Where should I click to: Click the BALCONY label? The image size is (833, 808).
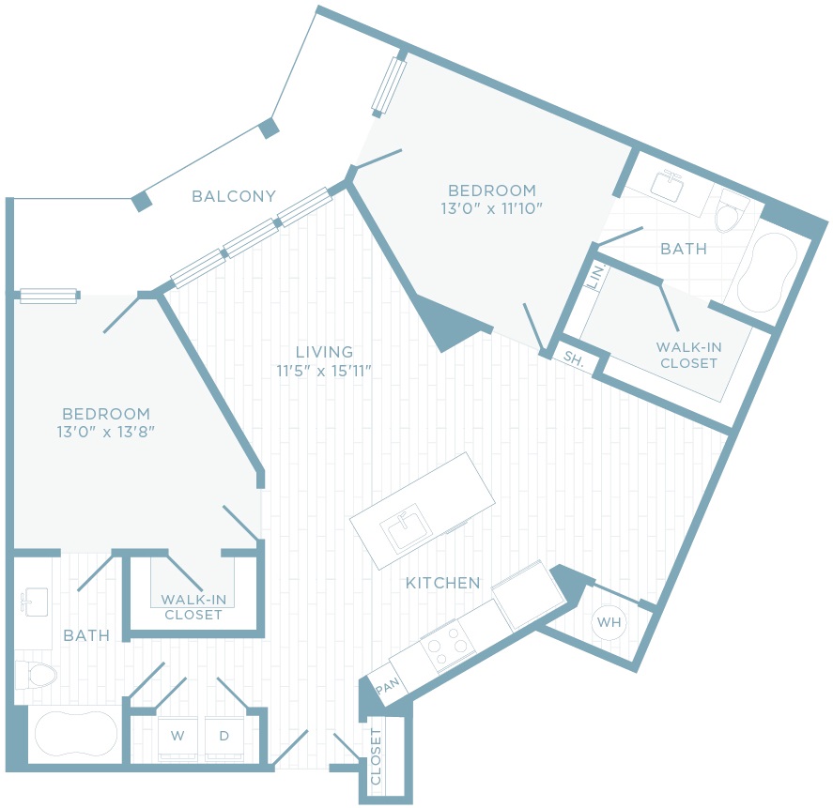pyautogui.click(x=234, y=196)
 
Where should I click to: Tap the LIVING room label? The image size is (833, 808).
pyautogui.click(x=324, y=352)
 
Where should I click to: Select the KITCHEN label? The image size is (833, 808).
pyautogui.click(x=442, y=583)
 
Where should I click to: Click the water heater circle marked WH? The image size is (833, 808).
pyautogui.click(x=609, y=622)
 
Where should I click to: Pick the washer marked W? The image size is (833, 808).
pyautogui.click(x=177, y=738)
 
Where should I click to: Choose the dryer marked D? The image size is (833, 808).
pyautogui.click(x=224, y=738)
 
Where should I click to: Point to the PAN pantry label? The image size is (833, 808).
pyautogui.click(x=387, y=686)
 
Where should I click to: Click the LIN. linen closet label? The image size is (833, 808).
pyautogui.click(x=596, y=276)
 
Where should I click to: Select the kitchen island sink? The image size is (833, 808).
pyautogui.click(x=407, y=528)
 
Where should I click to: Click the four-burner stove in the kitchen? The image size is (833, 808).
pyautogui.click(x=448, y=646)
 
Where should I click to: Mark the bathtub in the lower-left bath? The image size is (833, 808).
pyautogui.click(x=76, y=734)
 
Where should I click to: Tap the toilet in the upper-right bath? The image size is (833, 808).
pyautogui.click(x=732, y=211)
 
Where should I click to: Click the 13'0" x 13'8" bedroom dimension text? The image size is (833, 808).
pyautogui.click(x=106, y=432)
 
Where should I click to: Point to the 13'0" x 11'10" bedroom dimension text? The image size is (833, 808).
pyautogui.click(x=491, y=208)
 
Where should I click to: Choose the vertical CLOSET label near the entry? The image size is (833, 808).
pyautogui.click(x=376, y=756)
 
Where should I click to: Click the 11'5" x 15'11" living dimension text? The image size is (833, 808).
pyautogui.click(x=324, y=371)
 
